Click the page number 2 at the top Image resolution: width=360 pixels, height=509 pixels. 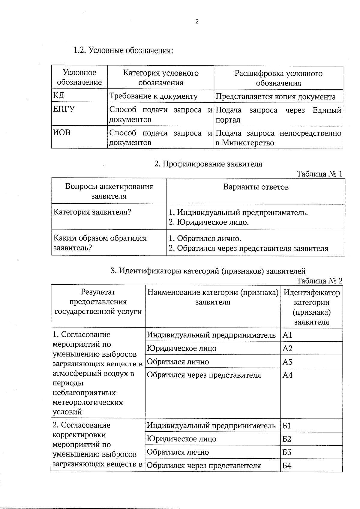(197, 22)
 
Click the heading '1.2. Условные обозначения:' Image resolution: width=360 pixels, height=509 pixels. (123, 50)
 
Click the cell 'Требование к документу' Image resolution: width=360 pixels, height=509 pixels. (153, 96)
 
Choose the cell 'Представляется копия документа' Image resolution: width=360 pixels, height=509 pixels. (275, 97)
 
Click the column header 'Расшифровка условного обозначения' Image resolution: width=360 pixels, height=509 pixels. (278, 78)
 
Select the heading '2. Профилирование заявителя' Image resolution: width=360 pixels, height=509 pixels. (208, 164)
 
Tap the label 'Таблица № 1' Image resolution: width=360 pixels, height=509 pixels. (319, 174)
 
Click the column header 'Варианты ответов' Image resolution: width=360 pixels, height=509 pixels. (256, 187)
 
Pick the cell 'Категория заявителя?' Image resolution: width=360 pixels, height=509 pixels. (92, 212)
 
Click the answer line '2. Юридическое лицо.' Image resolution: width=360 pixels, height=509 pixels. (209, 222)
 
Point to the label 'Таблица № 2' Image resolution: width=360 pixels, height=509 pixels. (319, 281)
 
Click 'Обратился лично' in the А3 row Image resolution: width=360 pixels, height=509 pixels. (178, 362)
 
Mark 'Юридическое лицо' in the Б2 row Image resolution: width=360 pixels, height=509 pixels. (182, 439)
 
